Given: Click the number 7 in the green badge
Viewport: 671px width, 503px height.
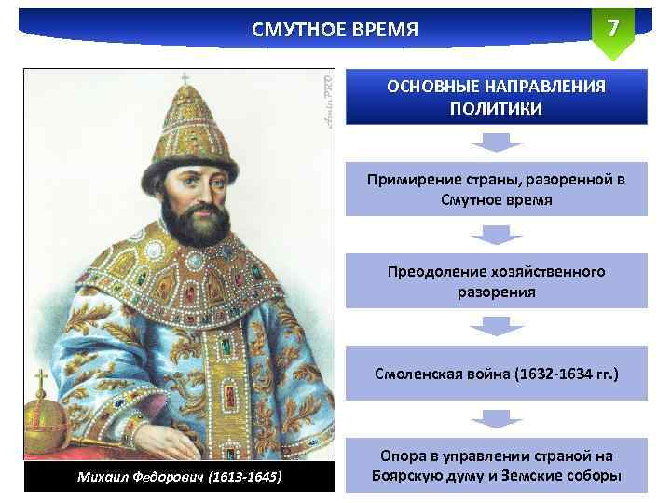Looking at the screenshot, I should tap(612, 28).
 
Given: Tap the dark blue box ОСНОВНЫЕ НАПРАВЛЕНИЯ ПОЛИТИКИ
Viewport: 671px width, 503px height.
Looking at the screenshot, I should tap(496, 97).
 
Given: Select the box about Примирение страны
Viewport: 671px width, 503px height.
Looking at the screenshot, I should tap(496, 189).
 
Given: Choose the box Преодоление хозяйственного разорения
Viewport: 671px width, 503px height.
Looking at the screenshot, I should tap(496, 281).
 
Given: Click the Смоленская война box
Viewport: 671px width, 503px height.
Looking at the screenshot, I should tap(496, 374).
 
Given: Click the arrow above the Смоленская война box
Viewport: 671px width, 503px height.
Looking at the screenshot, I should tap(496, 327).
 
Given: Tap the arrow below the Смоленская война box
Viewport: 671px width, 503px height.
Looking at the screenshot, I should tap(496, 419).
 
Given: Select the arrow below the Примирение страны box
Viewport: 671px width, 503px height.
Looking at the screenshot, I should tap(496, 235).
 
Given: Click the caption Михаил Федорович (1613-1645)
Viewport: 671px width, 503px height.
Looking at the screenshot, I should tap(177, 478).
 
